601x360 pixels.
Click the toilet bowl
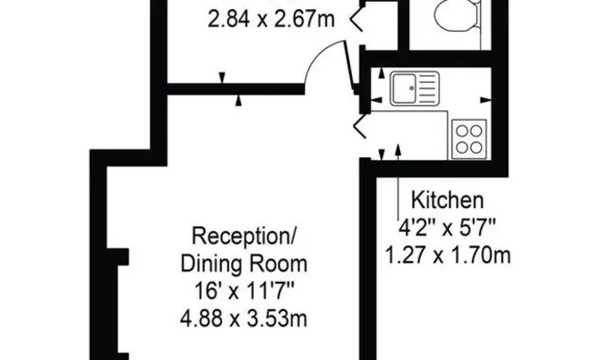point(452,15)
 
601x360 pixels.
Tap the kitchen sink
point(416,89)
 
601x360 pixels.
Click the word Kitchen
point(447,199)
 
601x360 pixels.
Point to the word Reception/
point(244,238)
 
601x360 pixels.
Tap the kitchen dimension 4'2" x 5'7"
point(447,226)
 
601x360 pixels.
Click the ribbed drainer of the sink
point(426,89)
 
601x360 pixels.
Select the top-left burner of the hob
point(461,130)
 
